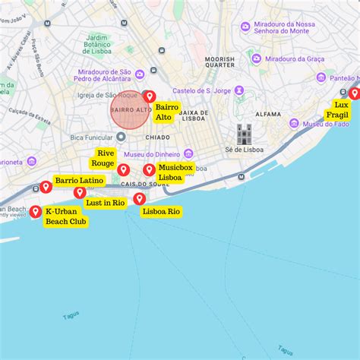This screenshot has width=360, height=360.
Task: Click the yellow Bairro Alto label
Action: tap(167, 112)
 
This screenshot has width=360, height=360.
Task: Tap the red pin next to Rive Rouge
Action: tap(123, 169)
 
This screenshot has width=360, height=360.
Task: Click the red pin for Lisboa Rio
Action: tap(139, 199)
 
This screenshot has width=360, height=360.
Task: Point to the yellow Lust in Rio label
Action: tap(106, 203)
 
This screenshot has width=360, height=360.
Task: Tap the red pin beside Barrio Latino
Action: tap(46, 187)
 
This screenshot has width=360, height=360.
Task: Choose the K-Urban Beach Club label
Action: tap(66, 216)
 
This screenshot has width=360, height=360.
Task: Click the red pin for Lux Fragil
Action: tap(354, 93)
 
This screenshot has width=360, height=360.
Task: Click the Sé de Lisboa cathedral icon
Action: tap(244, 134)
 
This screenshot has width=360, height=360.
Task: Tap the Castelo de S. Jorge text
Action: tap(201, 91)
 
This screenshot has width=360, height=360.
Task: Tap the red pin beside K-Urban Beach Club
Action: tap(35, 211)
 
